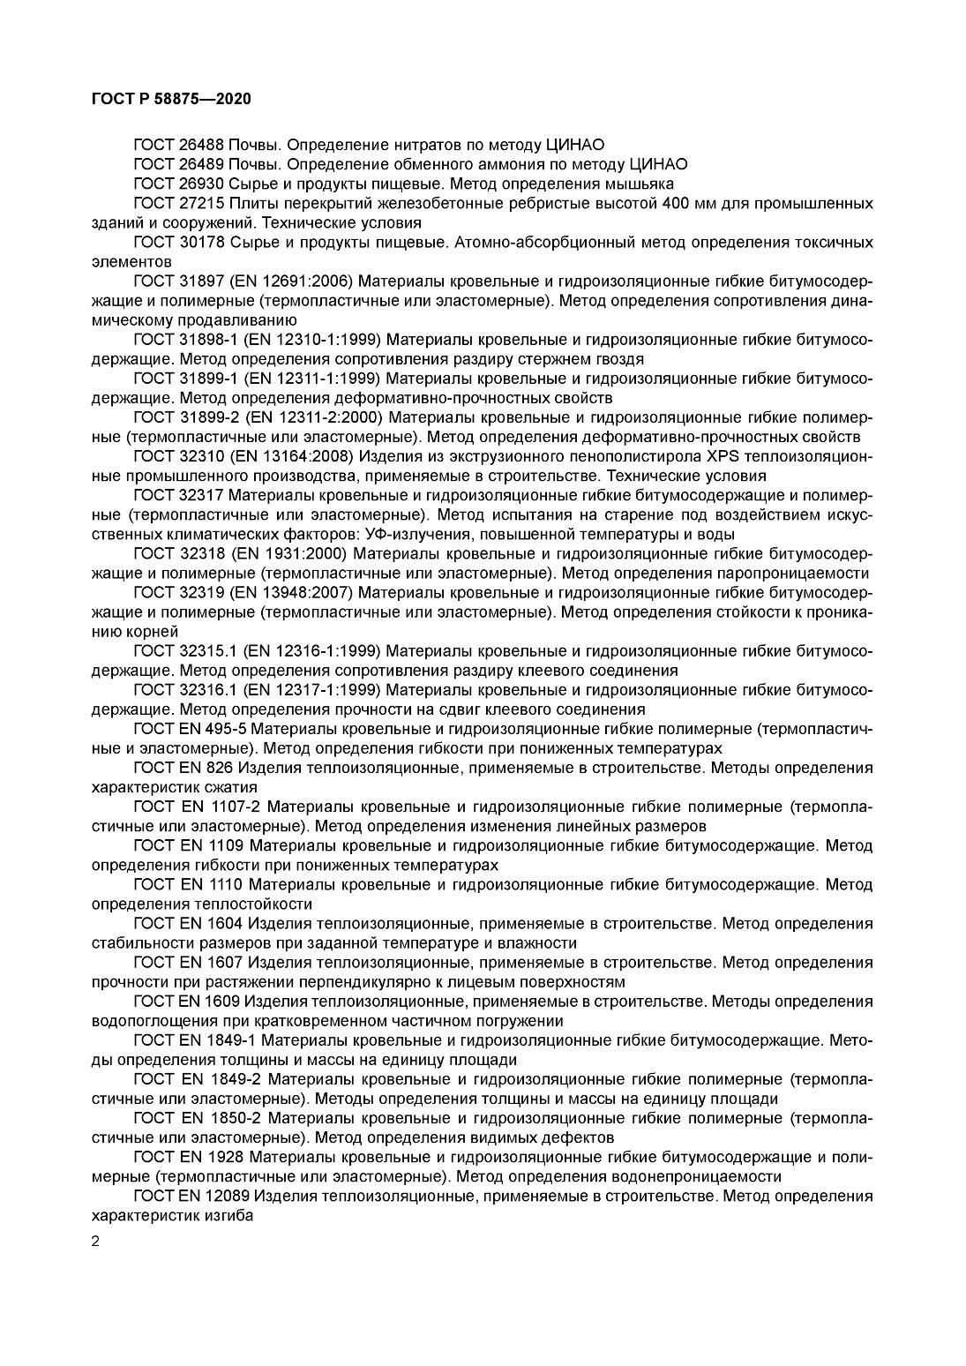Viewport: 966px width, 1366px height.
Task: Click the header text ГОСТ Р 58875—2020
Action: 171,100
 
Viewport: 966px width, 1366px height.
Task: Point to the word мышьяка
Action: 641,184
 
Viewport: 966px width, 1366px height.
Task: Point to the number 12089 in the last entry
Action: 222,1196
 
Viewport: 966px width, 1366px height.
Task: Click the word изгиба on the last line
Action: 228,1215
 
